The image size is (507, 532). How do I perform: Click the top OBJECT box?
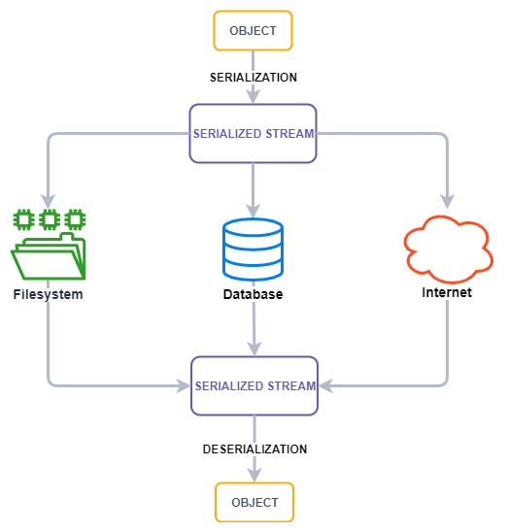point(253,30)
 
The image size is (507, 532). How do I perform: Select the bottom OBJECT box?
point(254,502)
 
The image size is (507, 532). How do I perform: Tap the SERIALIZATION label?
point(253,78)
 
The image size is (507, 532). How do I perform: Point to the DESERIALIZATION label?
point(254,449)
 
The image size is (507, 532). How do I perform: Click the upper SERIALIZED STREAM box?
point(253,133)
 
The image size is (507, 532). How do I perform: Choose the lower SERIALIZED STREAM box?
point(254,385)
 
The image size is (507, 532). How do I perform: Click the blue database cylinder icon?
point(253,249)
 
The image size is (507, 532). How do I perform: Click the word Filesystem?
point(48,294)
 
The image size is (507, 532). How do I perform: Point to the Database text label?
point(253,294)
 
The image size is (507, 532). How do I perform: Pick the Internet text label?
point(447,292)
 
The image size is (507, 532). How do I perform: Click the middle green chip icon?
point(50,219)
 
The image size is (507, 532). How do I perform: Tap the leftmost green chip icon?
point(23,219)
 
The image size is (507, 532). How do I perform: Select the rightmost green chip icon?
point(76,219)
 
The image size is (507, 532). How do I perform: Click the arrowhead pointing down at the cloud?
point(448,202)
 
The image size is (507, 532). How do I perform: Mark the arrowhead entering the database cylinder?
point(253,211)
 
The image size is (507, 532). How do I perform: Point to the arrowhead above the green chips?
point(49,202)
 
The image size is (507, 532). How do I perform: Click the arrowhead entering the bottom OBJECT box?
point(254,475)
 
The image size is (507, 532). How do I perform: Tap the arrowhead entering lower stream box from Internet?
point(325,385)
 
